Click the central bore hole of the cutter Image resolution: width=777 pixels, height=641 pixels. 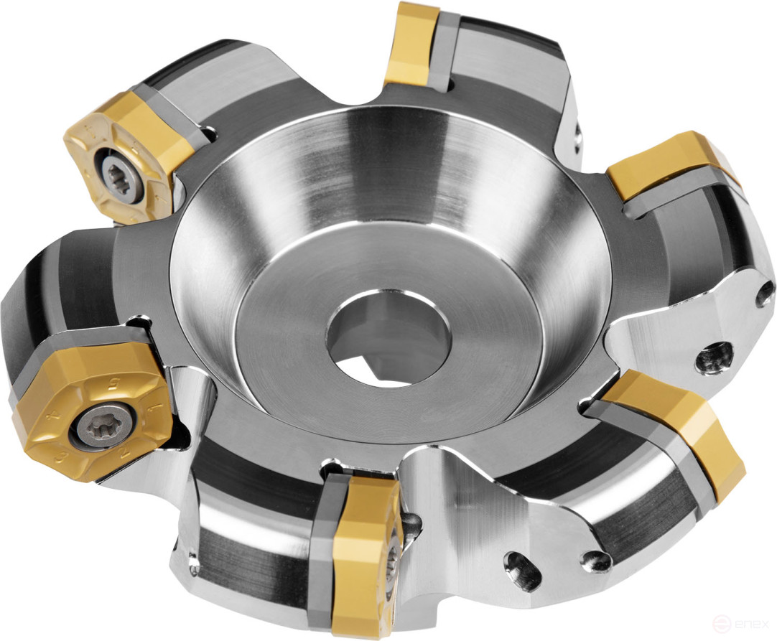[x=388, y=337]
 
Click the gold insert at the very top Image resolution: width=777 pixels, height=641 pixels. [x=411, y=42]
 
